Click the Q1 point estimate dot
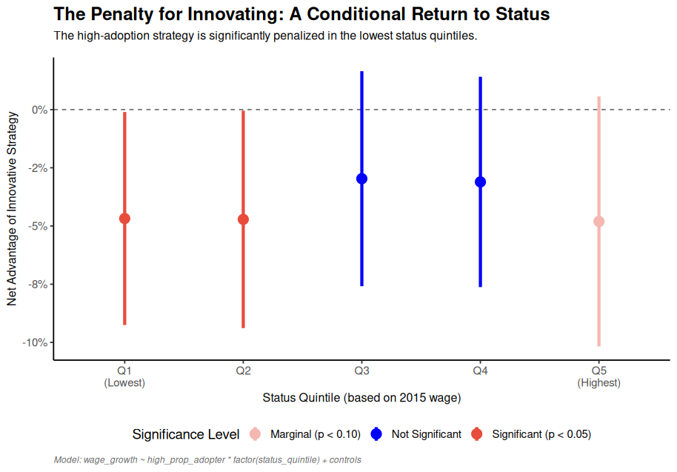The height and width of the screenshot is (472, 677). pos(124,219)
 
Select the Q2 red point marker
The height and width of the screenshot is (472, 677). pos(243,219)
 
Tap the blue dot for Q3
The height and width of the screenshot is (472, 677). pos(361,179)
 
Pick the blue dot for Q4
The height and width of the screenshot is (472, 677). pos(480,182)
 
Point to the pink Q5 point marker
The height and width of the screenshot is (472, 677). pos(598,222)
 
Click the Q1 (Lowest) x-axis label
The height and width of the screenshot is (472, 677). pos(124,376)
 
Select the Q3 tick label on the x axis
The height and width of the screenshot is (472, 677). pos(361,370)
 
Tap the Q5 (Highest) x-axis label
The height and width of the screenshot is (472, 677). pos(598,376)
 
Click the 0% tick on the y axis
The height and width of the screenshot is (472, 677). pos(39,110)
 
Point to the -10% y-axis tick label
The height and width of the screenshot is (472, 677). pos(35,342)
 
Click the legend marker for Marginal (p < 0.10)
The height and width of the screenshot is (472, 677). pos(256,434)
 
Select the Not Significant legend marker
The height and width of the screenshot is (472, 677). pos(376,434)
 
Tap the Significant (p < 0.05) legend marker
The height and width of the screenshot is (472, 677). pos(477,434)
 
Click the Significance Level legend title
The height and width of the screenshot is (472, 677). pos(185,434)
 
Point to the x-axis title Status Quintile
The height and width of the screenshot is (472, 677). pos(361,398)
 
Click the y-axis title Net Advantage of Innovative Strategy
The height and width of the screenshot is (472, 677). pos(11,208)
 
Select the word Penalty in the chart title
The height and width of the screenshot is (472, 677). pos(122,14)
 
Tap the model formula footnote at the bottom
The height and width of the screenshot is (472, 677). pos(207,460)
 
